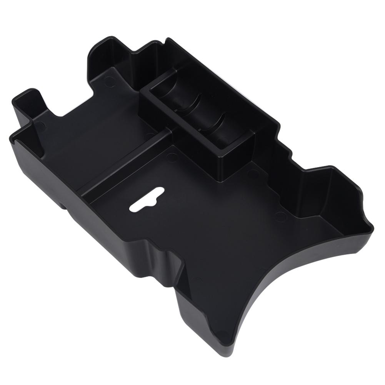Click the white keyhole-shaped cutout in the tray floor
pyautogui.click(x=147, y=200)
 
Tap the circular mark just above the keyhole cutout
pyautogui.click(x=172, y=157)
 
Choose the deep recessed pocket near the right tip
pyautogui.click(x=327, y=200)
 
